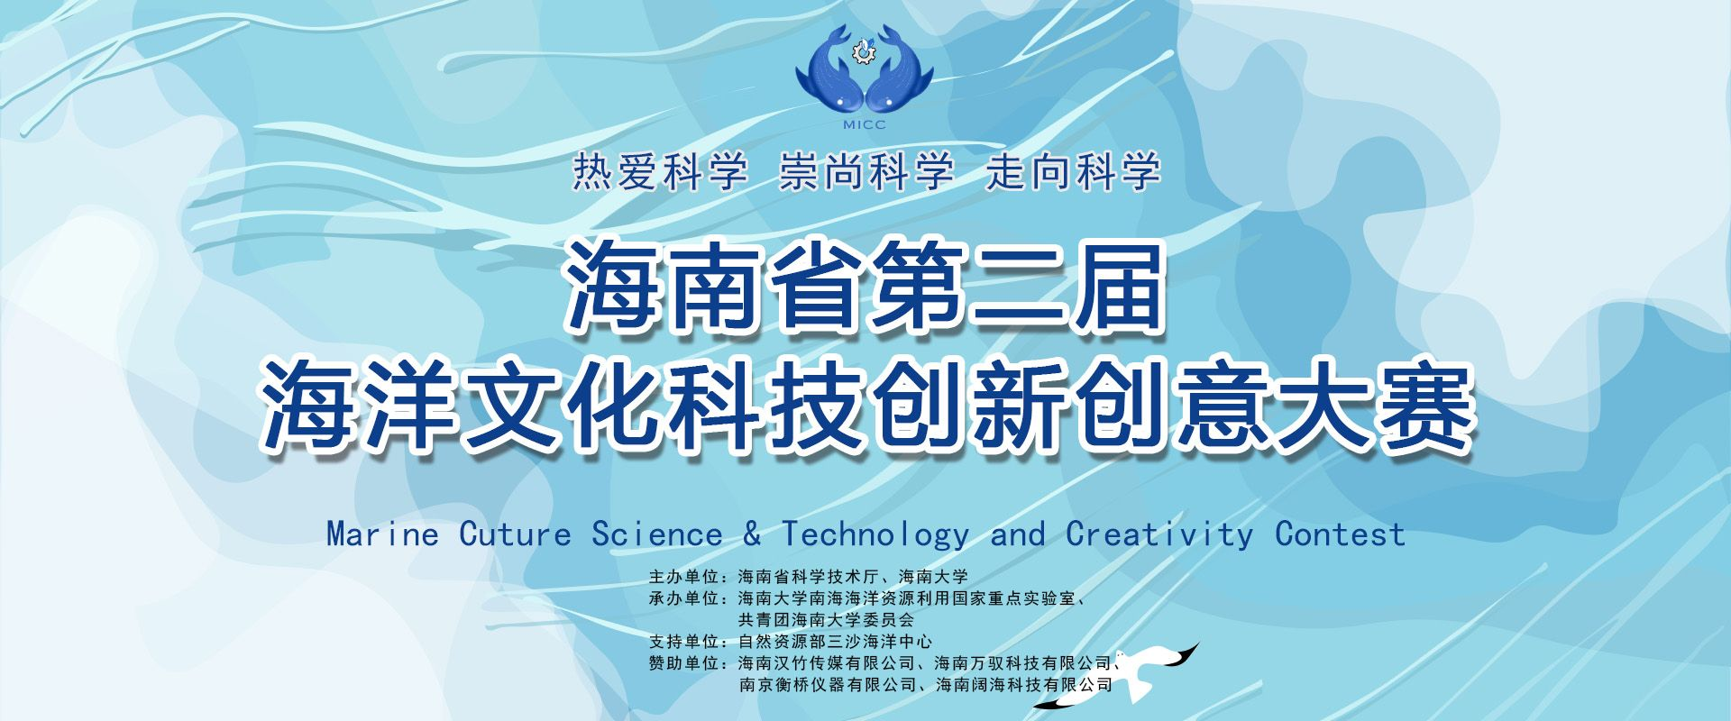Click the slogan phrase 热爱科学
pos(660,172)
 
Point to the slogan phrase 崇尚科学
pos(866,172)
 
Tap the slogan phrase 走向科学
pos(1073,172)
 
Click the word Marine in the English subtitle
pos(382,534)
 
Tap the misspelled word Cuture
pos(516,534)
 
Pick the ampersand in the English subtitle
pos(752,534)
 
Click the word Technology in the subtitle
pos(875,535)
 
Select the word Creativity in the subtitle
pos(1159,535)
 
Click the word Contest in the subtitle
pos(1341,534)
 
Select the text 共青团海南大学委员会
pos(826,620)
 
